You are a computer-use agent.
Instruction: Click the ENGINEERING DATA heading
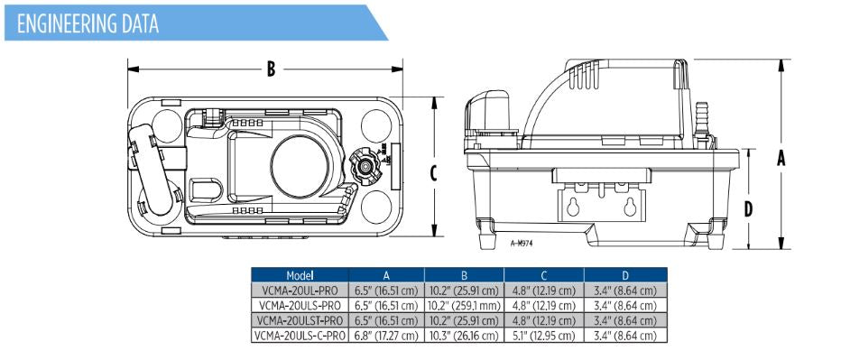coord(88,23)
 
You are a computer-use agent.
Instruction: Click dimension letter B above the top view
coord(271,69)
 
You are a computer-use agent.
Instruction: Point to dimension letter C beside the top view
coord(434,172)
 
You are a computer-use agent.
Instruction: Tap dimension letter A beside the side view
coord(781,157)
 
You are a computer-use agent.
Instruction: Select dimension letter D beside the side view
coord(749,209)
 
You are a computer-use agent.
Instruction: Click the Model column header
coord(300,275)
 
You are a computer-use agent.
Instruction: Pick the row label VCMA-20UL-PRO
coord(300,291)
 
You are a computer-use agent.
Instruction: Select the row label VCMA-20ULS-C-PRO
coord(300,336)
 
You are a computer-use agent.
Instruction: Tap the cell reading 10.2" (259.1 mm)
coord(464,306)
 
